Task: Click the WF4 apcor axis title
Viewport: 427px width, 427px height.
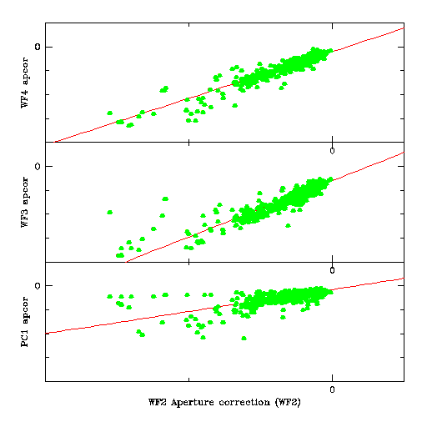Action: click(25, 83)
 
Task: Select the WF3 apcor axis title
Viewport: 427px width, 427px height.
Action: click(25, 202)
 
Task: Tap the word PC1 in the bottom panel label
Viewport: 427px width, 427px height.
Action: click(25, 337)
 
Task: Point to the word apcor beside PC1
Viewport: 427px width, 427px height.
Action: click(25, 310)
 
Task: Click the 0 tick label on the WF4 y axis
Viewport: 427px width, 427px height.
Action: click(38, 47)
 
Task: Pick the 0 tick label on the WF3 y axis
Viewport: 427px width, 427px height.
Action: click(38, 166)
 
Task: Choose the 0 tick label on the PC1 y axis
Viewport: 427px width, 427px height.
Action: click(38, 285)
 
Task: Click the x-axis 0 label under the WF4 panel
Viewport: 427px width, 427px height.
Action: click(332, 151)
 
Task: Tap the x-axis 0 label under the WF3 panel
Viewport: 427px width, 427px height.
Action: click(332, 270)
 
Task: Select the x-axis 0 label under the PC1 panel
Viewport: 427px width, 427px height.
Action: click(332, 389)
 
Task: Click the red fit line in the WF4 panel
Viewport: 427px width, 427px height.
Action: click(229, 85)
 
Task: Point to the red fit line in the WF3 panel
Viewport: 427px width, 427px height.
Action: click(264, 207)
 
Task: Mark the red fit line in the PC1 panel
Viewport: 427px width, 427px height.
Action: click(224, 305)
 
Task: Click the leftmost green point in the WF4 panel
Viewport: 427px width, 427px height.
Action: click(110, 113)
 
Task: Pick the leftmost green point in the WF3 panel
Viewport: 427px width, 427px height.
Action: click(110, 212)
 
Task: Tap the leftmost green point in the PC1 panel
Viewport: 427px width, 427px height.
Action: click(110, 297)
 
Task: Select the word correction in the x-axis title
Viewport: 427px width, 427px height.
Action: click(244, 402)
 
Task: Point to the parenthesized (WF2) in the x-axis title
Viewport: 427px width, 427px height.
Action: click(288, 402)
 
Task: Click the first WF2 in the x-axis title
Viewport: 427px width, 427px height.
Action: click(158, 402)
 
